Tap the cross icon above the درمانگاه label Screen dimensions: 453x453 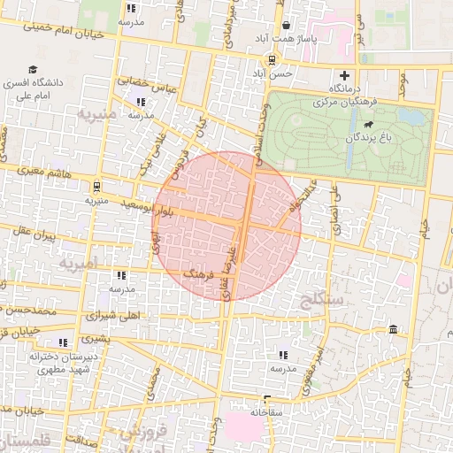click(344, 76)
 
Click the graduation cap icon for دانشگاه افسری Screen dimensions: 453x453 click(33, 70)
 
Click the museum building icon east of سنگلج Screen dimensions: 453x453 click(393, 330)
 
